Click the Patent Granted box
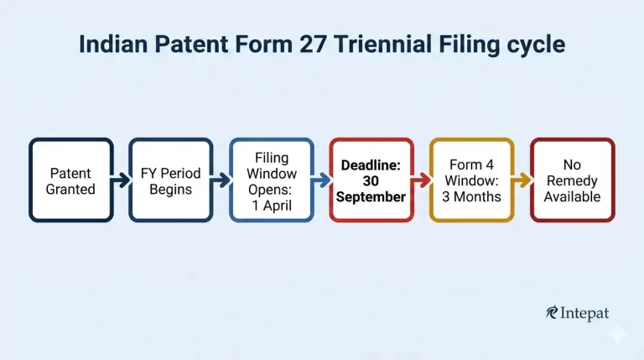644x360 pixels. [x=70, y=180]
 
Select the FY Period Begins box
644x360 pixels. [x=170, y=180]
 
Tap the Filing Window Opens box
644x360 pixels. [x=271, y=180]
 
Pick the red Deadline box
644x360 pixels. [x=371, y=180]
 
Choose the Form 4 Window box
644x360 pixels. [x=471, y=180]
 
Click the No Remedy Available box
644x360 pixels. [x=572, y=180]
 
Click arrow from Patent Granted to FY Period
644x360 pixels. [x=121, y=180]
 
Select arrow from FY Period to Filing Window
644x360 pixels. [x=221, y=180]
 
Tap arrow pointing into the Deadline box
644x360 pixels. [x=321, y=180]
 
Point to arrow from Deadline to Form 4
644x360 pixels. [x=422, y=180]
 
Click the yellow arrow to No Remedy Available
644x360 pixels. [x=522, y=180]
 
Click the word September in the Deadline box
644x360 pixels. [x=371, y=197]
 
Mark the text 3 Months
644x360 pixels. [x=471, y=197]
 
